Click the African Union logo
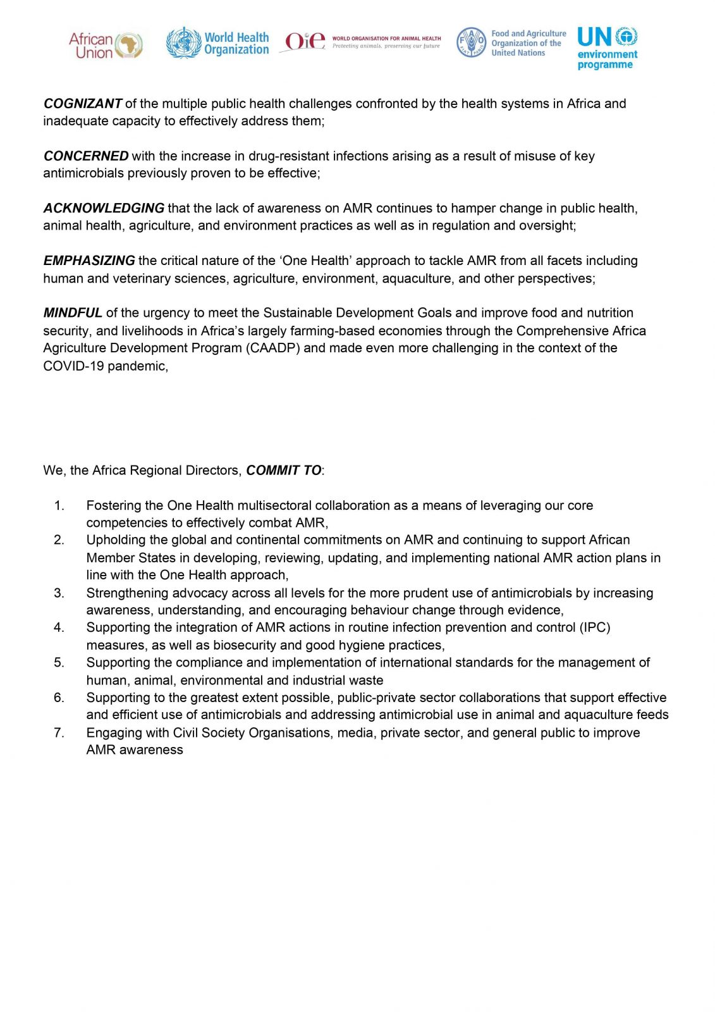click(106, 46)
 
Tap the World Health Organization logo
click(217, 44)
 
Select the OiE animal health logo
click(360, 42)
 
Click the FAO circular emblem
click(471, 42)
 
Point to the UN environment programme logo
click(607, 47)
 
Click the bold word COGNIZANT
click(83, 104)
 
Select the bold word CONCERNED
click(86, 156)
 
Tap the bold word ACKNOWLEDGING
click(104, 208)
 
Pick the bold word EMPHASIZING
click(89, 261)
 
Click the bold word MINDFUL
click(73, 313)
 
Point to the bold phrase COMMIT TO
click(284, 471)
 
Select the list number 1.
click(59, 505)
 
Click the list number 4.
click(59, 627)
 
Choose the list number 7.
click(59, 732)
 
